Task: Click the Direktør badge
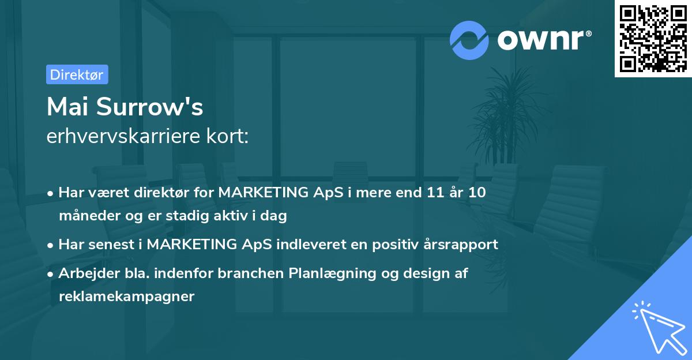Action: (x=77, y=74)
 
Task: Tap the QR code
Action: (x=653, y=38)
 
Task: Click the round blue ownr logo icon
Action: (x=469, y=40)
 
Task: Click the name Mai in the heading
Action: (x=68, y=107)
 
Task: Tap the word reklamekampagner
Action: (x=127, y=297)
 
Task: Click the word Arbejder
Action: (x=85, y=273)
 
